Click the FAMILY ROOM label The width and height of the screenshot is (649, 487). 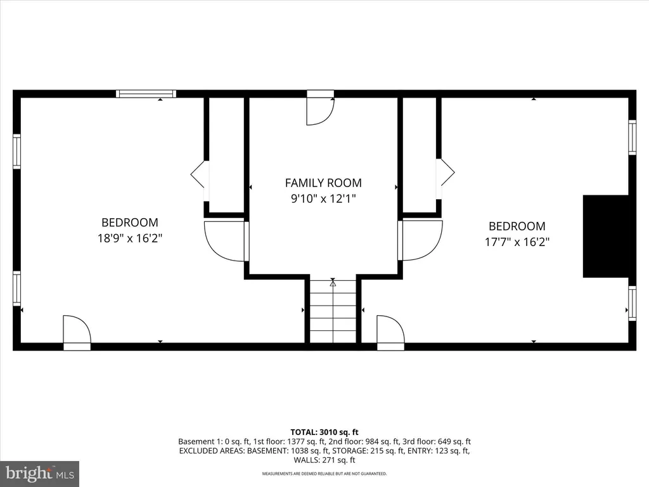coord(323,183)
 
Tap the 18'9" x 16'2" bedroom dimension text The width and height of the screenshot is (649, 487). coord(129,238)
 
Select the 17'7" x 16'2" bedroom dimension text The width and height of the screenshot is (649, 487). coord(517,242)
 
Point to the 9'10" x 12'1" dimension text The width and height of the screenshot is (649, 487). coord(323,198)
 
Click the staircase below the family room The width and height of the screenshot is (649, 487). coord(333,311)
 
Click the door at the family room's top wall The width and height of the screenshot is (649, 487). coord(320,108)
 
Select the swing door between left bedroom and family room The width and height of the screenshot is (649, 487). coord(226,241)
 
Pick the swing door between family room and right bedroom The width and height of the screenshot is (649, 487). coord(420,240)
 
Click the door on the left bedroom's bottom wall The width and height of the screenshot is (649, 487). coord(77,332)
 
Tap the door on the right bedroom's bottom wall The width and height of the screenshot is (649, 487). coord(390,332)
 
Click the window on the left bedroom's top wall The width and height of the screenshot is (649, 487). coord(146,94)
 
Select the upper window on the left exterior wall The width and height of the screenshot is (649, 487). coord(17,151)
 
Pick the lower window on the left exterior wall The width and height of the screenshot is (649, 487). coord(17,289)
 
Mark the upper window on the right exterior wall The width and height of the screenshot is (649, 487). coord(632,138)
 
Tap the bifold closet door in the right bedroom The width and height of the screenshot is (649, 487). coord(446,172)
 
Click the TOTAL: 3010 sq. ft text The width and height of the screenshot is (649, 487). coord(324,432)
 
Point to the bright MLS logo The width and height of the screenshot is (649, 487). coord(40,473)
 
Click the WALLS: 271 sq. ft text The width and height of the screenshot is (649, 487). coord(324,460)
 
